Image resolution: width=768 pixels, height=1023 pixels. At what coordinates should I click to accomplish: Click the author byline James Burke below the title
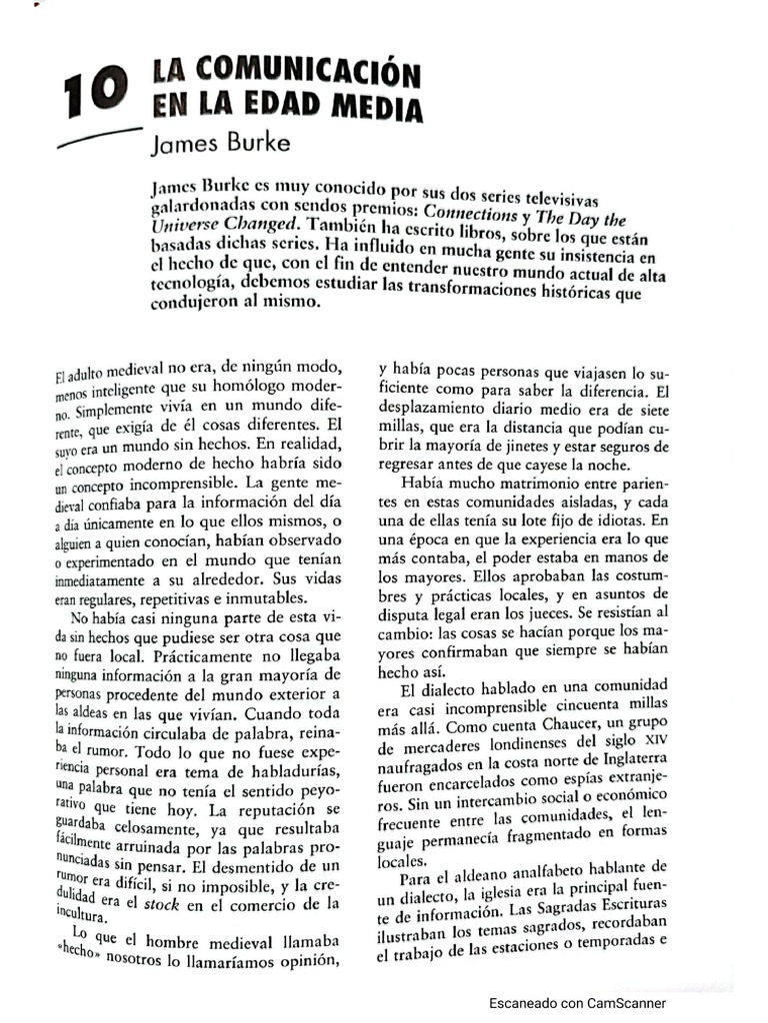220,142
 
